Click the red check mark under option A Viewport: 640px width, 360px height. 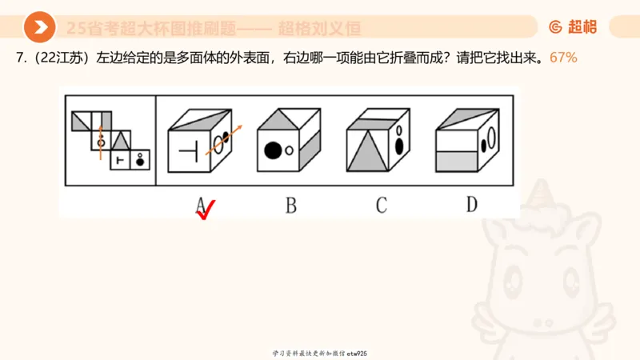coord(206,210)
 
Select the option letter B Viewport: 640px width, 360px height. coord(290,205)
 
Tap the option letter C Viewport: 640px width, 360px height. coord(382,205)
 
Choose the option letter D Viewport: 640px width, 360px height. coord(472,205)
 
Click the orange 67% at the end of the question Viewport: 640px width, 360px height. coord(564,58)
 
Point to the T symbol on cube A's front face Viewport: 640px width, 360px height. coord(187,150)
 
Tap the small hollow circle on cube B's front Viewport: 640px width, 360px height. coord(290,150)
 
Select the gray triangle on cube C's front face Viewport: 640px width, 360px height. coord(364,150)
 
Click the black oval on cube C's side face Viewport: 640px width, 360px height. coord(398,145)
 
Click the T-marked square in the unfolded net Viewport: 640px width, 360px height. coord(120,160)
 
